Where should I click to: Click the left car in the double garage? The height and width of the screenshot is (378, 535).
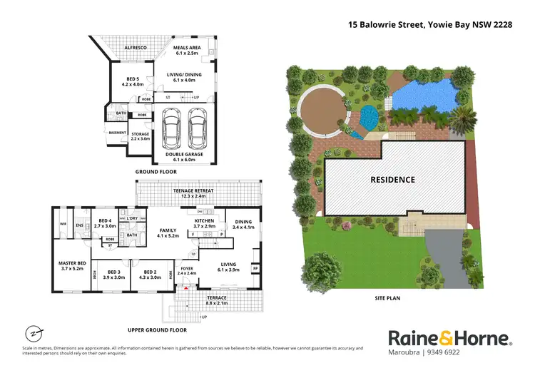[172, 129]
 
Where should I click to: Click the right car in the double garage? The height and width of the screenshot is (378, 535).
[197, 129]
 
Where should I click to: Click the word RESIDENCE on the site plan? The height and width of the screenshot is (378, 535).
[392, 180]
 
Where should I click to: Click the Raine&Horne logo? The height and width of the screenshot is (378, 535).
[449, 338]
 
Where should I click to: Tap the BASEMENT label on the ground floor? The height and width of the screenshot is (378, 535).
[117, 133]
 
